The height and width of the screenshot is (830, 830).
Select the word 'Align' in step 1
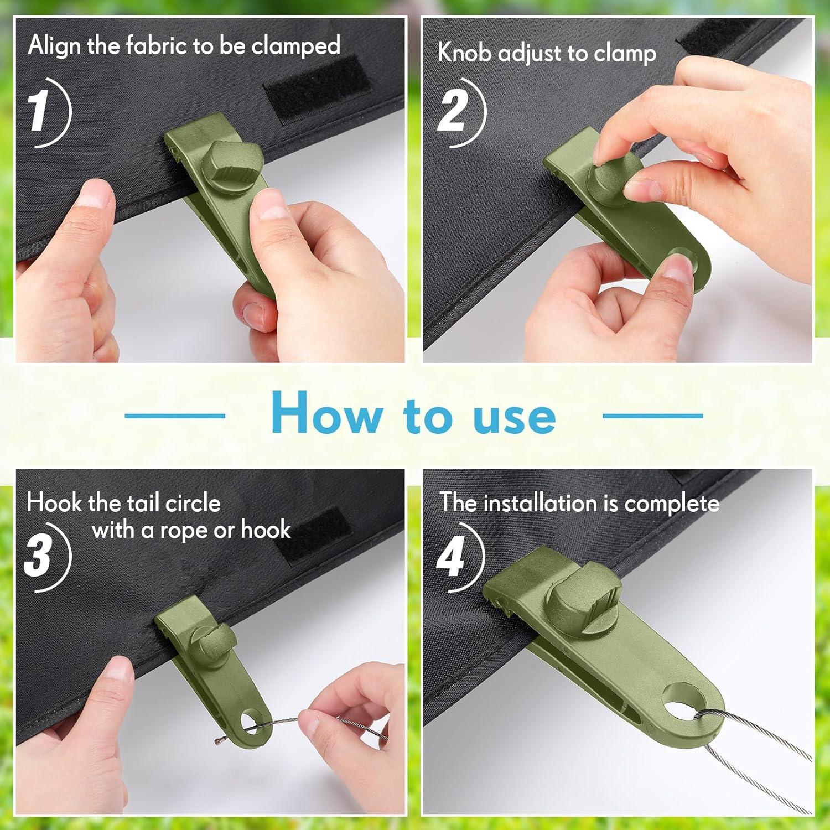pyautogui.click(x=54, y=45)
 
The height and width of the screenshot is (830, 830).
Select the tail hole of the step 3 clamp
pyautogui.click(x=253, y=722)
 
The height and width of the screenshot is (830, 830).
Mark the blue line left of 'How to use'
pyautogui.click(x=175, y=416)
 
